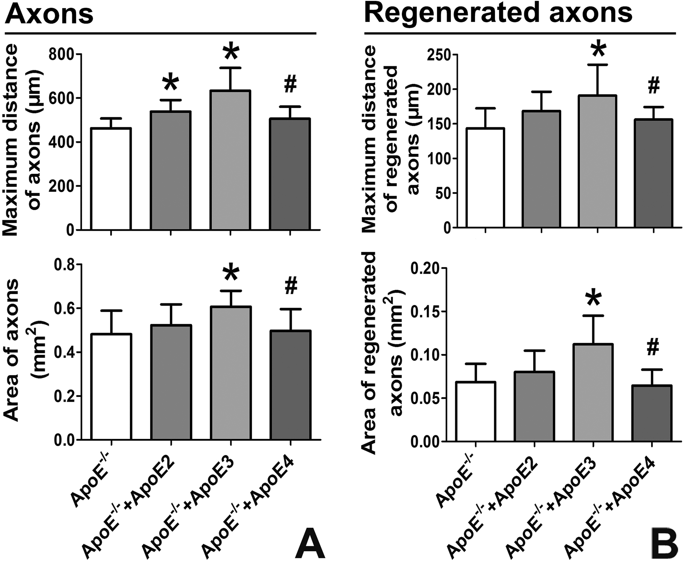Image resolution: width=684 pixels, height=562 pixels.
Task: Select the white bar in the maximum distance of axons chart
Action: pos(111,179)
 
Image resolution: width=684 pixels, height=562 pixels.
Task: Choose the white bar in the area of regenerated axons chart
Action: pos(476,411)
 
